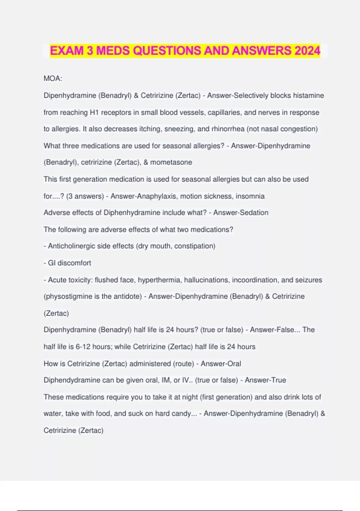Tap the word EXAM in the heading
(67, 50)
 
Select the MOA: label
(53, 78)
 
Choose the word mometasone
(171, 162)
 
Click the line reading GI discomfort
(67, 263)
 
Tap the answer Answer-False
(272, 330)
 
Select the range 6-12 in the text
(83, 347)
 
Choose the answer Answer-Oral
(221, 364)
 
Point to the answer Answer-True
(265, 380)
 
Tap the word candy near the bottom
(181, 414)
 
